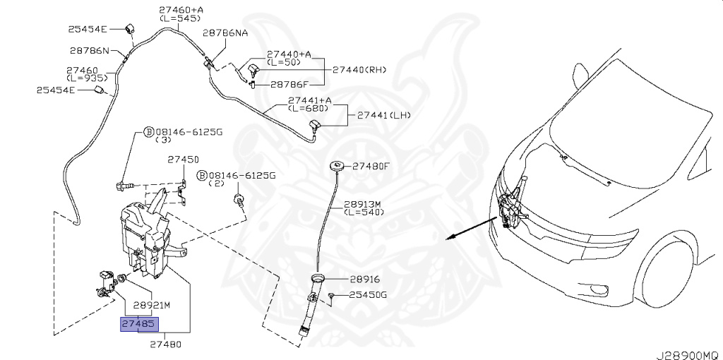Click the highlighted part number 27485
click(140, 324)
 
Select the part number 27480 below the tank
click(166, 345)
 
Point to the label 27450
click(183, 160)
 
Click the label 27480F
click(371, 167)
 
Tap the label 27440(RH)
click(360, 70)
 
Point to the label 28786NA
click(225, 32)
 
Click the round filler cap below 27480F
click(337, 167)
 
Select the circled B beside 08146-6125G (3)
click(149, 132)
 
